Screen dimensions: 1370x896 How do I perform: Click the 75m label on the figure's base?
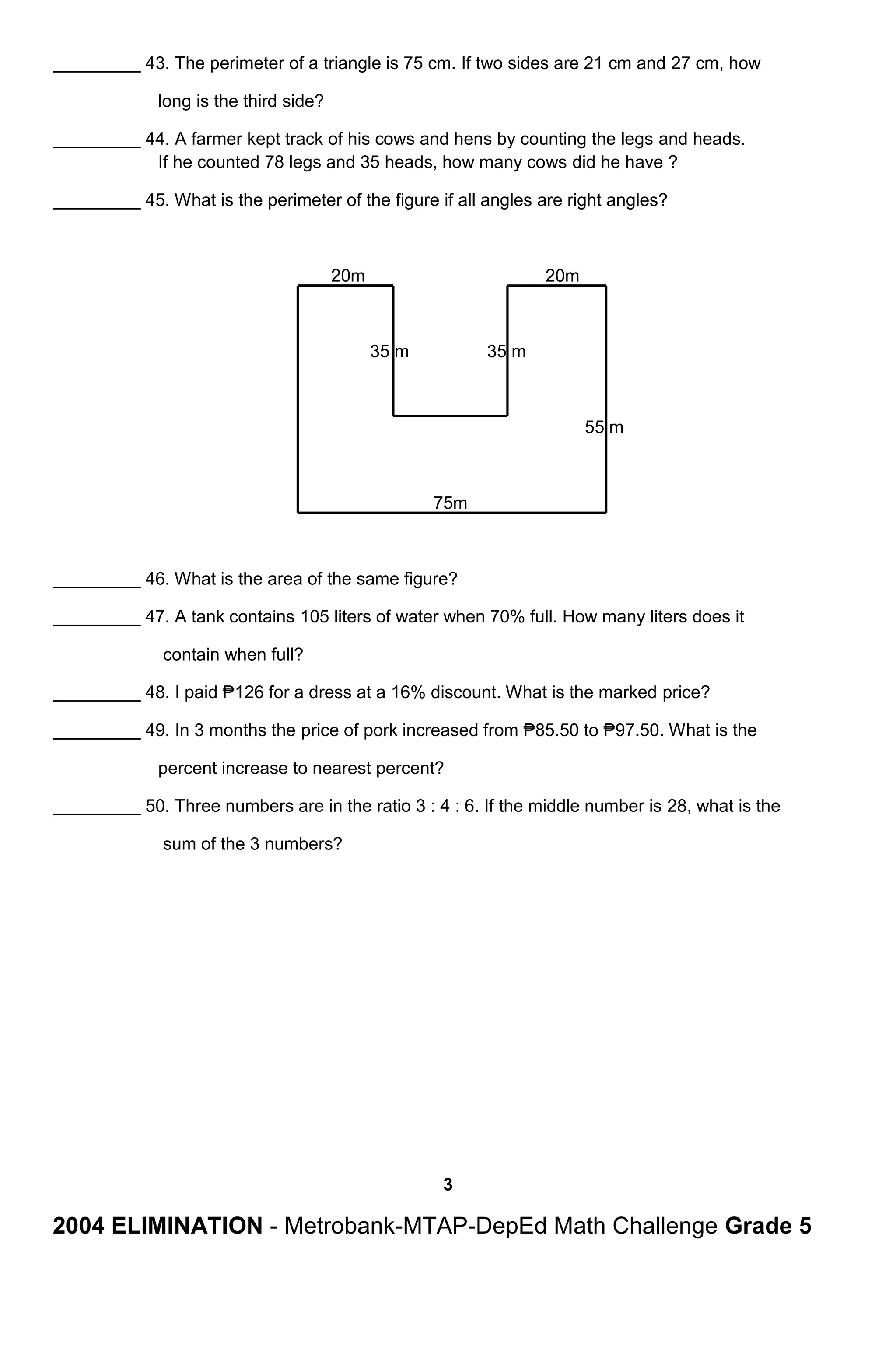(x=450, y=503)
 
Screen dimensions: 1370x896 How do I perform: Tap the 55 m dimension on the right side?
(x=603, y=427)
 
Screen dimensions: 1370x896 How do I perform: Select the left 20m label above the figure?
(x=347, y=276)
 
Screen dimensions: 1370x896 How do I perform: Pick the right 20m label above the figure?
(x=562, y=276)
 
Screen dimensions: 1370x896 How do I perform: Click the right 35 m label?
(x=506, y=351)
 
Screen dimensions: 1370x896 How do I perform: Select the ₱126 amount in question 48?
(x=242, y=692)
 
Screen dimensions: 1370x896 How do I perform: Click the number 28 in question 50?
(x=677, y=806)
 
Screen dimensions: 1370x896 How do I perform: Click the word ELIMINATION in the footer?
(x=186, y=1226)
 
